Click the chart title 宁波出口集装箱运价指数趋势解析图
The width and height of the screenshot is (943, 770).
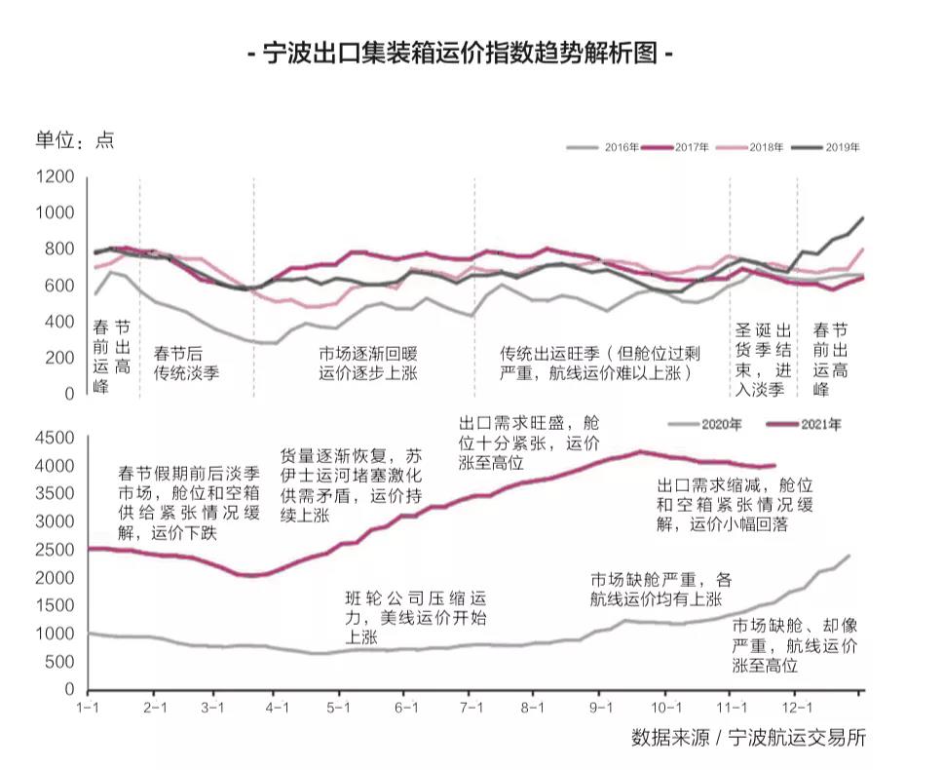[462, 53]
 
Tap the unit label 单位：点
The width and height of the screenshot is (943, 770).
[75, 139]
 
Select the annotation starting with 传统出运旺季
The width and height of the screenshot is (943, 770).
[601, 363]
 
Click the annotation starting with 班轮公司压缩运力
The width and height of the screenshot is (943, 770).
[415, 617]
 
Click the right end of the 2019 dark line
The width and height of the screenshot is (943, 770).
[862, 218]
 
